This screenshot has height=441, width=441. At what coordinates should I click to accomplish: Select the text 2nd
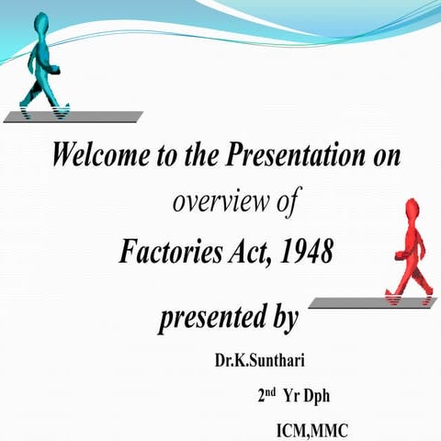click(x=267, y=396)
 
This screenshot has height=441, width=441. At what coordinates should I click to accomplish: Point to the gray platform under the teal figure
click(x=73, y=116)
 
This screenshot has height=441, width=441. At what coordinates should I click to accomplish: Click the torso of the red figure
click(x=411, y=241)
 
